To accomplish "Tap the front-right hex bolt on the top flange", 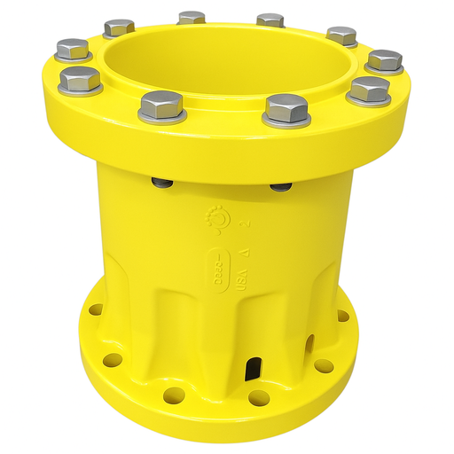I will pyautogui.click(x=286, y=108).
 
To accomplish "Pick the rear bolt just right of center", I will pyautogui.click(x=270, y=20).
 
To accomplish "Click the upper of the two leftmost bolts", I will pyautogui.click(x=72, y=48).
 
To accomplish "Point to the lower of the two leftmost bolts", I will pyautogui.click(x=79, y=79).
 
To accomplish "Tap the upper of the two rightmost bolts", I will pyautogui.click(x=384, y=60).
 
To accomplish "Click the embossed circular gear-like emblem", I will pyautogui.click(x=215, y=218).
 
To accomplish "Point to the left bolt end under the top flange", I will pyautogui.click(x=162, y=183).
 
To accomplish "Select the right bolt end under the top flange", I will pyautogui.click(x=280, y=186).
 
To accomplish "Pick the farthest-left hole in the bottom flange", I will pyautogui.click(x=96, y=310).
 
